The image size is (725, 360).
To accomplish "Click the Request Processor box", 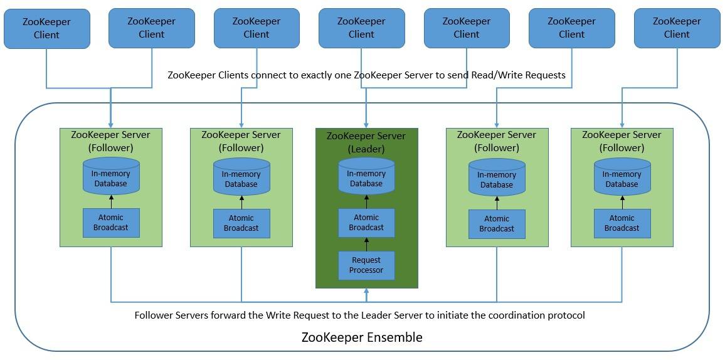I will [366, 265].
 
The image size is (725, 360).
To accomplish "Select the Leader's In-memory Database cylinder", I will [366, 176].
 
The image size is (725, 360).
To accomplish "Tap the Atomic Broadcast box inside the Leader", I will [366, 223].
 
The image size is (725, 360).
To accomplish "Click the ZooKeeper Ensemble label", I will [362, 337].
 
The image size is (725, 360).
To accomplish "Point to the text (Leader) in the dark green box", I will [366, 149].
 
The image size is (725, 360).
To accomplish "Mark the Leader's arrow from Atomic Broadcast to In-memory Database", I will [366, 201].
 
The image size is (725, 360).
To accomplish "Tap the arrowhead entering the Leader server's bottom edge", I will [366, 292].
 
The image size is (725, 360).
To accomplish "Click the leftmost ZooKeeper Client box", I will [46, 28].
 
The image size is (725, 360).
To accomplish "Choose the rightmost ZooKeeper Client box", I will [677, 28].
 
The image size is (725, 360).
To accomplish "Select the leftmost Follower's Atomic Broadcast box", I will [111, 223].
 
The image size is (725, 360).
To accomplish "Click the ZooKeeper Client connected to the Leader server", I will [361, 28].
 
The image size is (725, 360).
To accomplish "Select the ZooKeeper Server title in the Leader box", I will [366, 136].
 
